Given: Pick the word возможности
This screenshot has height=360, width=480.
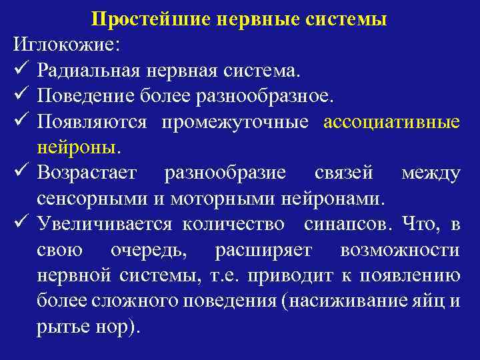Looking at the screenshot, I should (399, 251).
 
